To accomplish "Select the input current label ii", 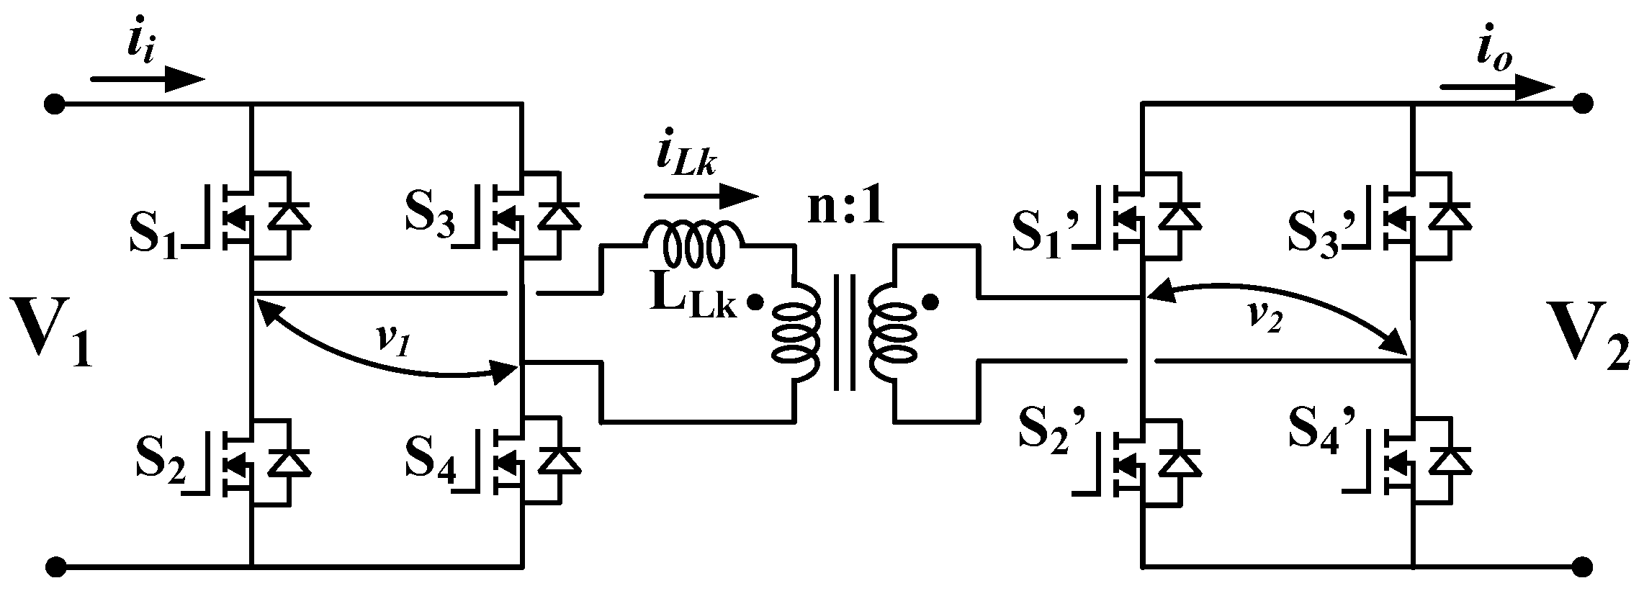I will tap(142, 46).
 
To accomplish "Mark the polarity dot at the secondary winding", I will tap(930, 303).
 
